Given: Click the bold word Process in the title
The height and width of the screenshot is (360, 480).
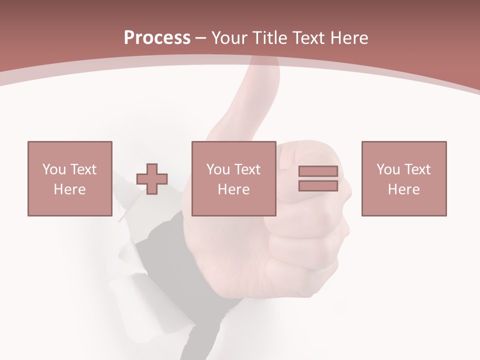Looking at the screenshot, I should tap(157, 38).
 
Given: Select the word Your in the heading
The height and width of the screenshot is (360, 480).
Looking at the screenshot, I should tap(230, 38).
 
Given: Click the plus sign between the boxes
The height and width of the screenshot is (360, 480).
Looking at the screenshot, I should tap(152, 179).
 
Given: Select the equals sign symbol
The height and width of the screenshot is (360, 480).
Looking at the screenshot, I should tap(318, 178).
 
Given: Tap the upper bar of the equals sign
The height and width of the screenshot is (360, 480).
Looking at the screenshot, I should tap(318, 171).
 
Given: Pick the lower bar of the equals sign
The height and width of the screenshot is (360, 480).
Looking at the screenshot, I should tap(318, 185).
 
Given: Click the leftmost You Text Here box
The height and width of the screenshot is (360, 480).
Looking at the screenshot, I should tap(70, 178).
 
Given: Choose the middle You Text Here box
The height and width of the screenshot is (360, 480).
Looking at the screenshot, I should tap(233, 178).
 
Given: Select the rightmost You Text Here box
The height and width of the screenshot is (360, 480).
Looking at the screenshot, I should tap(403, 178).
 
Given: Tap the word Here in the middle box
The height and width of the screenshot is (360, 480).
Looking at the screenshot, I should tap(233, 189).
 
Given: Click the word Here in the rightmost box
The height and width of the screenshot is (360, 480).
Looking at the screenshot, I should tap(403, 189).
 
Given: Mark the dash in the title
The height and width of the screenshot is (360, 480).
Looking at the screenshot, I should tap(201, 38).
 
